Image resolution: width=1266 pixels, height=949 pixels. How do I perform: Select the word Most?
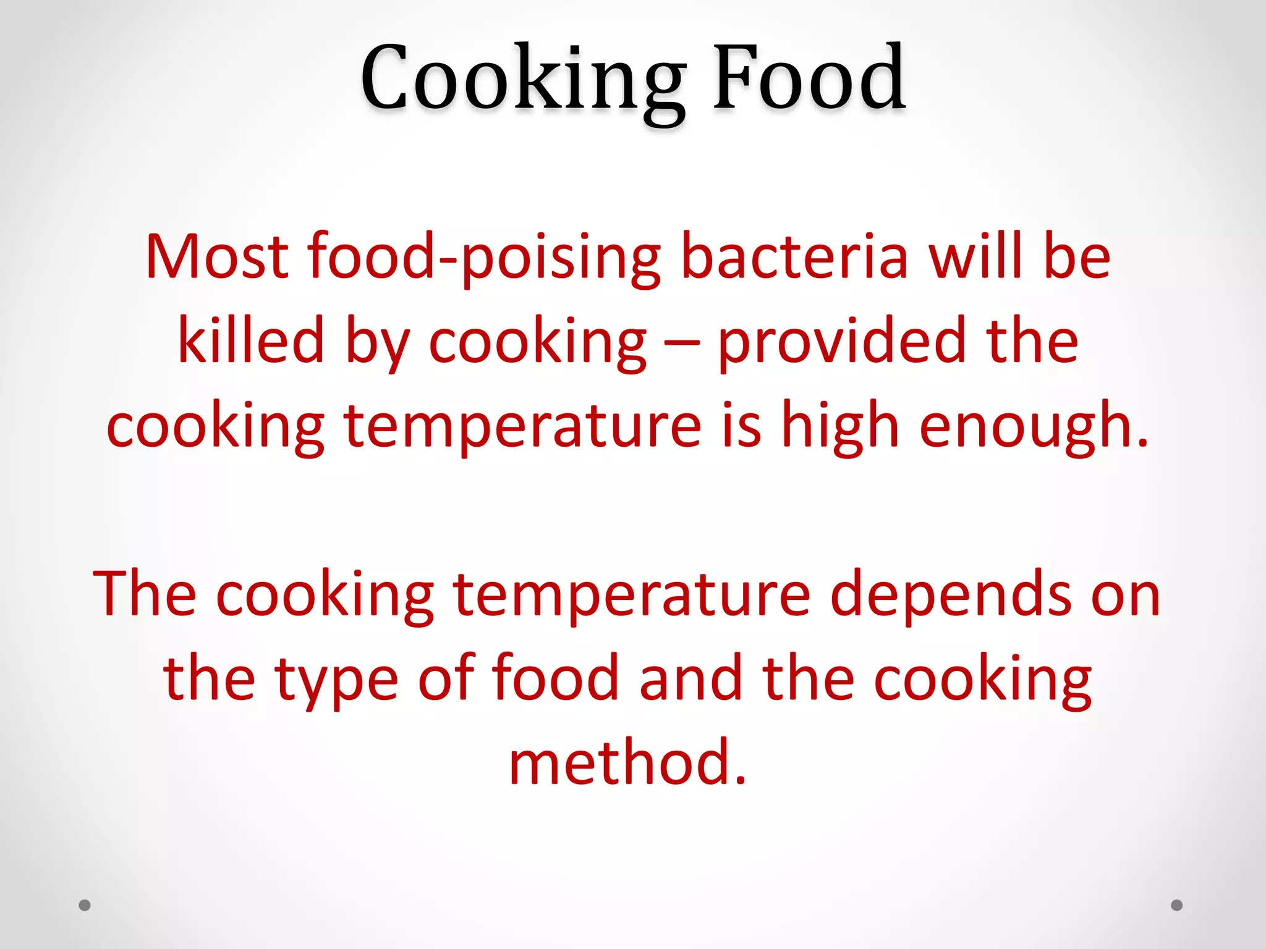click(x=217, y=256)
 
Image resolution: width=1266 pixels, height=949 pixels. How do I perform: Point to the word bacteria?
click(x=794, y=256)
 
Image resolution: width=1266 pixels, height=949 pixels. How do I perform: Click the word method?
click(x=627, y=762)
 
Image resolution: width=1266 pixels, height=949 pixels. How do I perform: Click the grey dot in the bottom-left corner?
click(x=85, y=905)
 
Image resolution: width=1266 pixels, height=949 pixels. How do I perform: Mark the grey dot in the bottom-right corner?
click(x=1177, y=905)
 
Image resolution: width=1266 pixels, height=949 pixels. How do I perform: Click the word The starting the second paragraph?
click(x=145, y=594)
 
